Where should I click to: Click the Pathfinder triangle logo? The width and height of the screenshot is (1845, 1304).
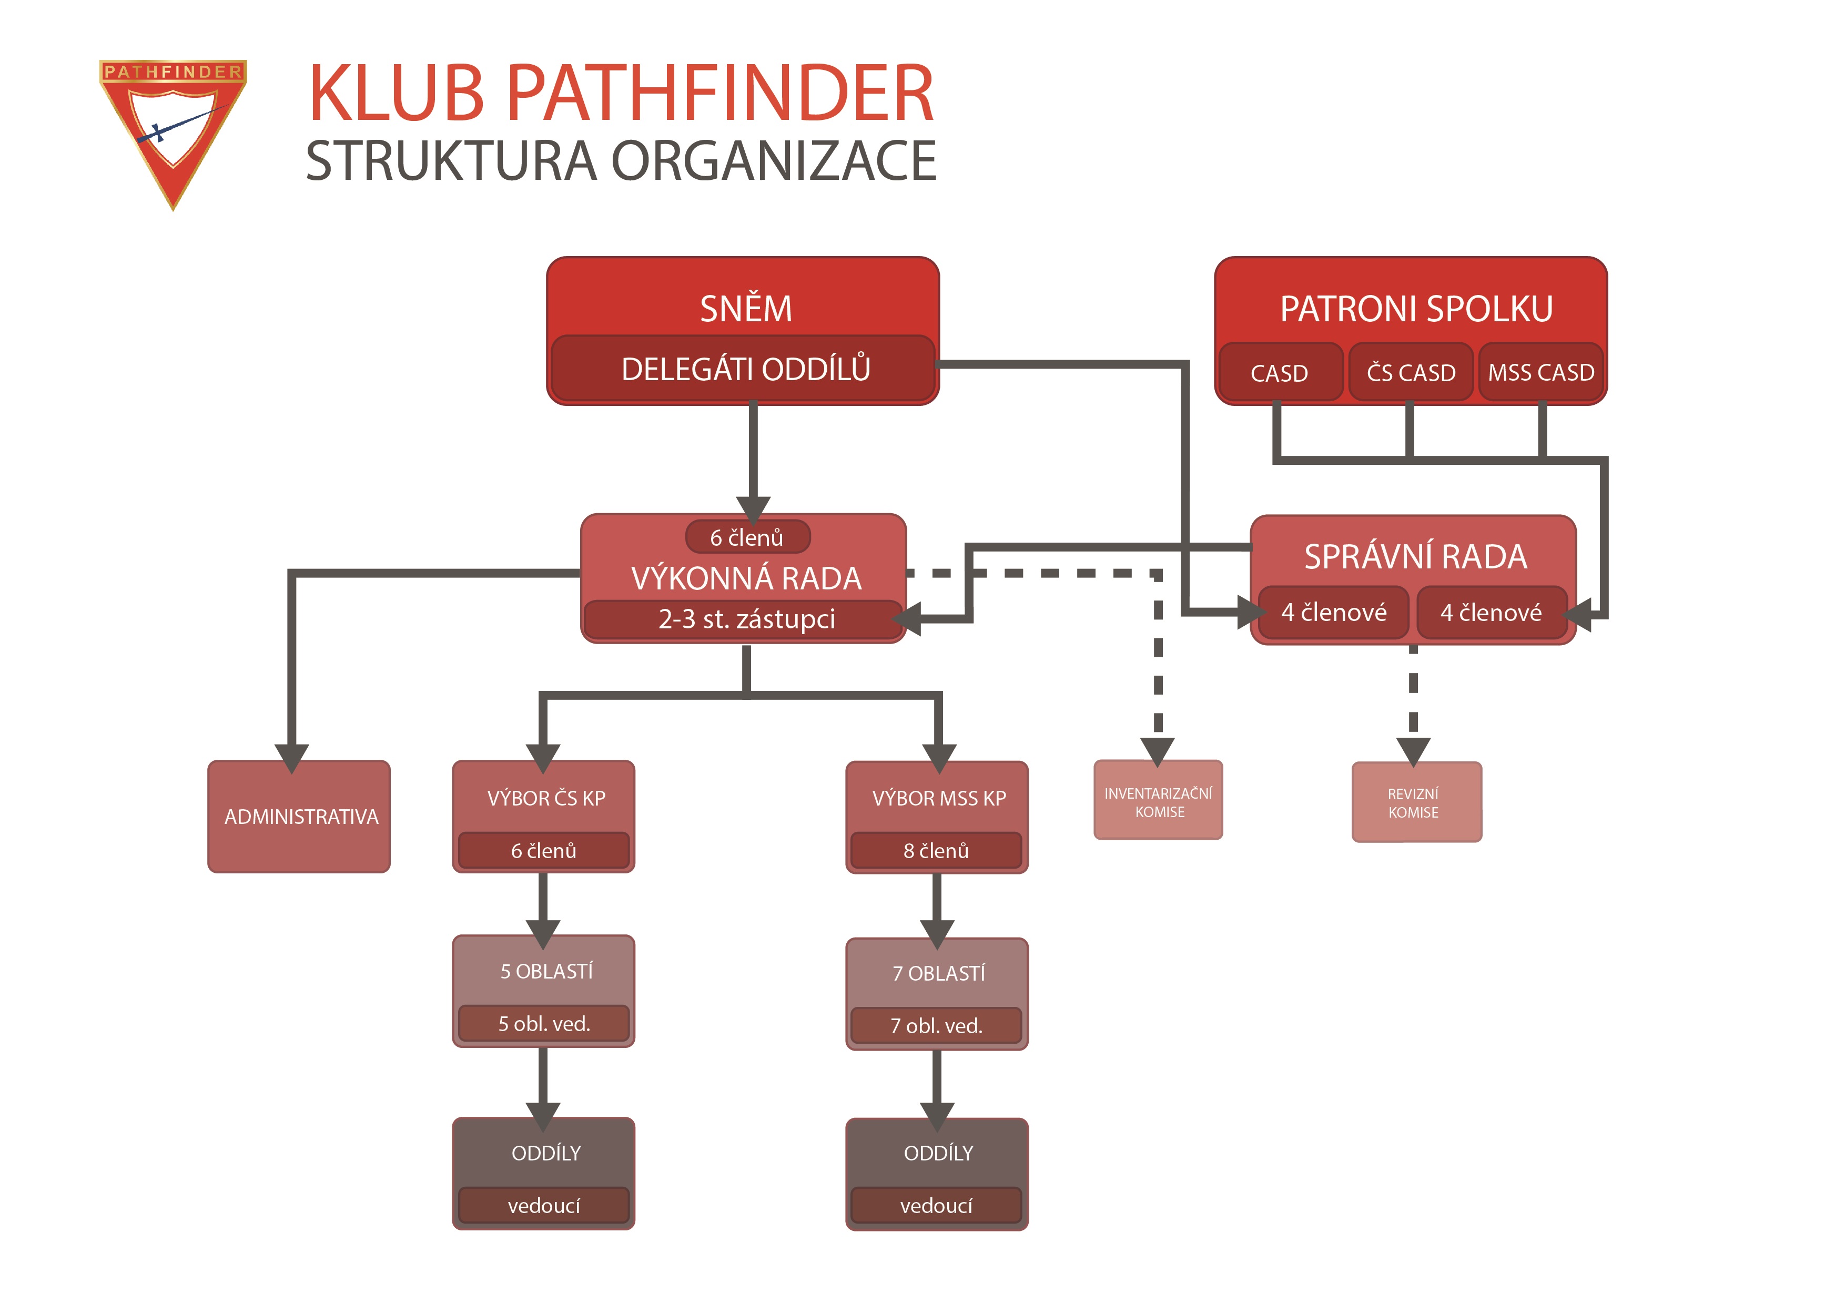(173, 128)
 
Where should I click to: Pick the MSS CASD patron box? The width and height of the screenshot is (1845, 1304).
(1540, 373)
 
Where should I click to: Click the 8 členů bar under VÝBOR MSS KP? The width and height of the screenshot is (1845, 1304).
(936, 851)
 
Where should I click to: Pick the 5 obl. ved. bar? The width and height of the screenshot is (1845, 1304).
(544, 1024)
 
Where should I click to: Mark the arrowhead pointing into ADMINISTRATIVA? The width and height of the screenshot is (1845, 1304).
(292, 756)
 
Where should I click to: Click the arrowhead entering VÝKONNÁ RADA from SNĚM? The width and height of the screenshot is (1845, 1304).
(753, 508)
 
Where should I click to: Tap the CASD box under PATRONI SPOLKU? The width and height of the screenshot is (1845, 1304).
(1279, 373)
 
